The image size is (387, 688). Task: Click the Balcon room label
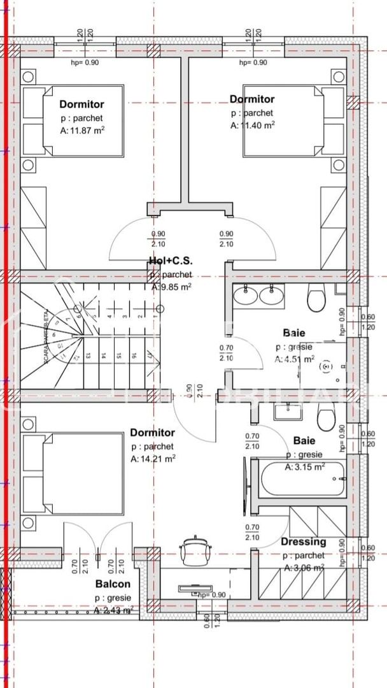coord(113,584)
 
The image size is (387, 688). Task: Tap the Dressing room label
coord(304,542)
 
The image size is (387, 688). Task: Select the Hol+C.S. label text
coord(170,261)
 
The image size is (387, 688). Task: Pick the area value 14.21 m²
coord(153,458)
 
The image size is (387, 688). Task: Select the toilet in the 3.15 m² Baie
coord(327,418)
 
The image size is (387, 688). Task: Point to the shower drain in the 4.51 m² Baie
coord(327,367)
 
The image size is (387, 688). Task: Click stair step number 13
coord(88,357)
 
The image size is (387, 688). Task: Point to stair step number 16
coord(134,357)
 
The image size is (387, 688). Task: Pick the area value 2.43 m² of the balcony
coord(113,610)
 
